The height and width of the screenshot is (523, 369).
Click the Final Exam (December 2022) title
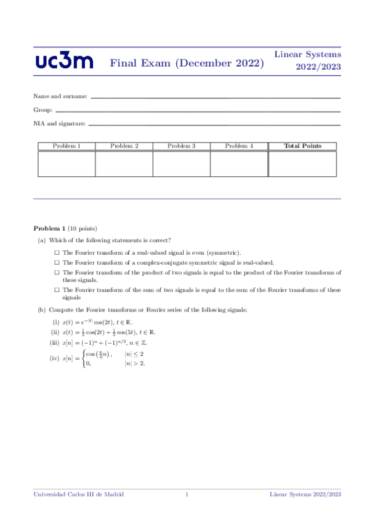pos(187,63)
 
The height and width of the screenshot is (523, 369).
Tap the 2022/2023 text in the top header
pos(318,67)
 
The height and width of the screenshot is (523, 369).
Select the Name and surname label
pos(60,97)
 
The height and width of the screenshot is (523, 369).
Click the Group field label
pos(43,110)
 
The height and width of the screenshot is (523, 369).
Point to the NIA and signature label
pos(59,123)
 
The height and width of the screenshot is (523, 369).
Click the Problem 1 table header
pos(67,146)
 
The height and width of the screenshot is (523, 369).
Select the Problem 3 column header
pos(181,146)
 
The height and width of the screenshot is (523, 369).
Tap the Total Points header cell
pos(302,146)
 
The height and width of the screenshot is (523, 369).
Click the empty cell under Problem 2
pos(124,163)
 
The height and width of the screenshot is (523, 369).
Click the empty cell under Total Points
pos(302,163)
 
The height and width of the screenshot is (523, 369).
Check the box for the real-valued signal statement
pos(57,253)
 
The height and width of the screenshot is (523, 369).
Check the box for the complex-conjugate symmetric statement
pos(57,262)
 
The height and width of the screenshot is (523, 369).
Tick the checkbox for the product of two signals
pos(57,271)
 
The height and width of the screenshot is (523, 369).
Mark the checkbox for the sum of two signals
pos(57,289)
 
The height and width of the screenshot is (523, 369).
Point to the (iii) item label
pos(55,343)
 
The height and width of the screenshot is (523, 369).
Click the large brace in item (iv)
pos(83,359)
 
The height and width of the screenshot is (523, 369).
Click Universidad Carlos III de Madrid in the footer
pos(78,495)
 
